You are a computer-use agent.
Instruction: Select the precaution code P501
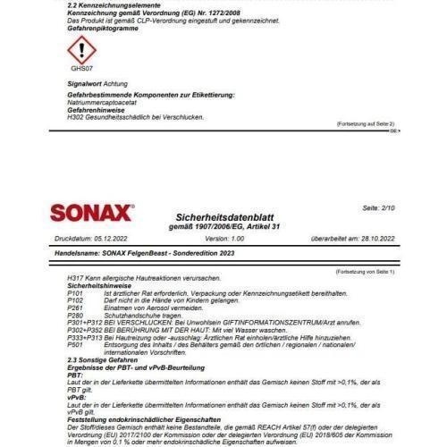click(76, 342)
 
